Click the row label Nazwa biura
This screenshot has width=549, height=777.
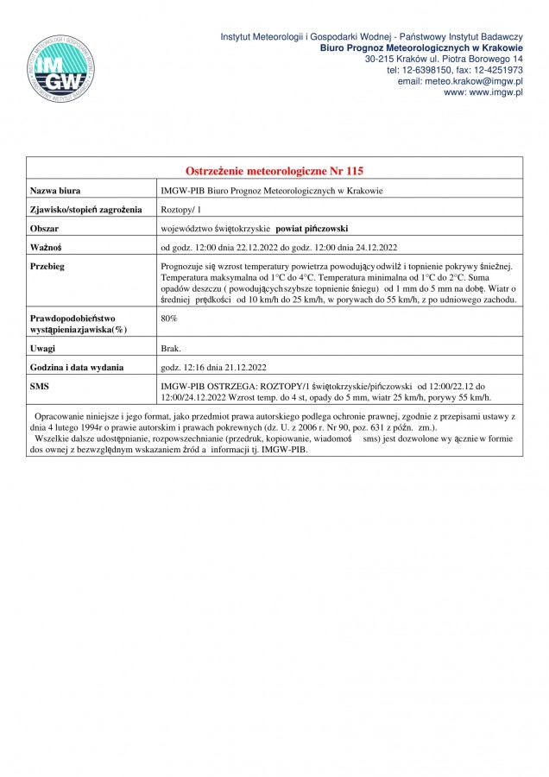pos(56,190)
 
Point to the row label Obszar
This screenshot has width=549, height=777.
pos(44,229)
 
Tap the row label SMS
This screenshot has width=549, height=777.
pos(41,386)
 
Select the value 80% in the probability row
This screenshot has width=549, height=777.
pos(169,319)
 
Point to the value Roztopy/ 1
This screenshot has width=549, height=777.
pos(181,209)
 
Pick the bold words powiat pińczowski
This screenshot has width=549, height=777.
pos(312,229)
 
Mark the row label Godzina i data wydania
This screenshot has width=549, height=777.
pos(81,367)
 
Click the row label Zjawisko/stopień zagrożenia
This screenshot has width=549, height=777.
pos(85,209)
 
